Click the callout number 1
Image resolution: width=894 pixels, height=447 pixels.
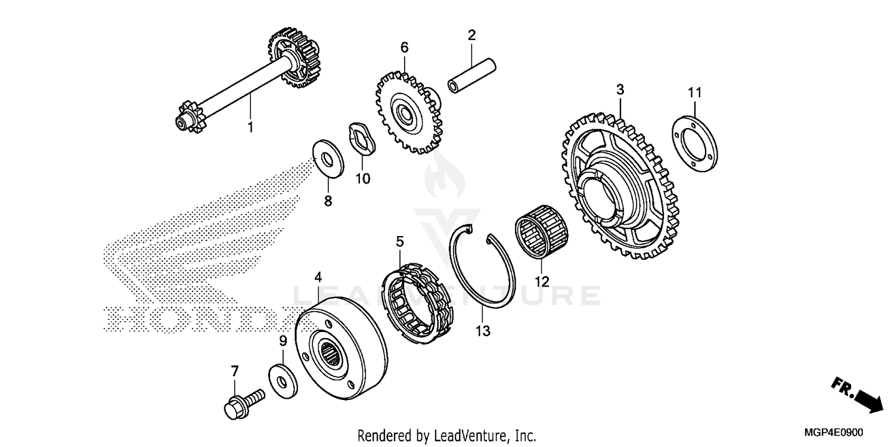[x=250, y=127]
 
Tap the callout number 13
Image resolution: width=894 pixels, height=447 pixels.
[x=483, y=331]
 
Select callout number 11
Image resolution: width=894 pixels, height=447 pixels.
[x=694, y=92]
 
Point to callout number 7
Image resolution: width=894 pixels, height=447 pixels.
[x=234, y=371]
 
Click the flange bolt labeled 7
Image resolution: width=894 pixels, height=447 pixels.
[x=244, y=401]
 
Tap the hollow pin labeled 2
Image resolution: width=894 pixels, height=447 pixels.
[x=472, y=69]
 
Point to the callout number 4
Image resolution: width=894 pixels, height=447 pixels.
[x=318, y=277]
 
